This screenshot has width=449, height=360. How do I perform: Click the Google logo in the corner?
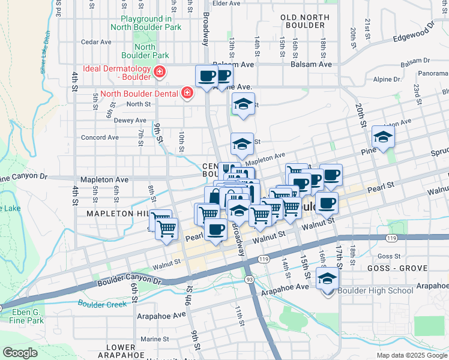20,352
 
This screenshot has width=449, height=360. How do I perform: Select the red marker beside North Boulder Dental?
187,93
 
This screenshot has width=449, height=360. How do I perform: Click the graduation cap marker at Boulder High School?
328,279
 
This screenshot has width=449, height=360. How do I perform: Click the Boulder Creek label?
101,304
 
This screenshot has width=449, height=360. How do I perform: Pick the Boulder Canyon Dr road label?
130,280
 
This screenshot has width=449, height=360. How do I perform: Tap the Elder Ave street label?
226,3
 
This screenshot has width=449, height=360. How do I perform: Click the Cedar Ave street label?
97,42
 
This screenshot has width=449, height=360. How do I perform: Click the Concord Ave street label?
100,137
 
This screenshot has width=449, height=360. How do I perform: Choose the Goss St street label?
389,256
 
